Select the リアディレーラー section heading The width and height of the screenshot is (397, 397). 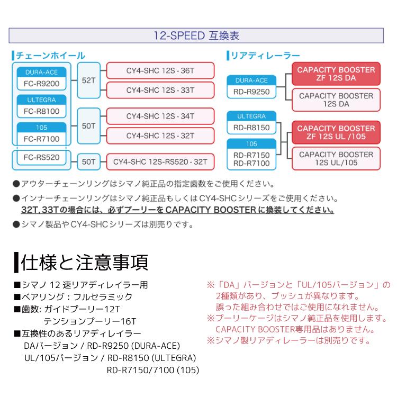pyautogui.click(x=263, y=56)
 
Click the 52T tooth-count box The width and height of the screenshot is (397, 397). pyautogui.click(x=89, y=81)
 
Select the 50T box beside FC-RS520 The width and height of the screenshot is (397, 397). pyautogui.click(x=89, y=160)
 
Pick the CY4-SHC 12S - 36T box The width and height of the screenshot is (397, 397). pyautogui.click(x=160, y=70)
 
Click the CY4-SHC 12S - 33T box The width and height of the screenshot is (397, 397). pyautogui.click(x=160, y=91)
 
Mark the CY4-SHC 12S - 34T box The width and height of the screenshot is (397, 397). pyautogui.click(x=160, y=115)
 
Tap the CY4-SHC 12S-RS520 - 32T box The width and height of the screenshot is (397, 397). pyautogui.click(x=160, y=160)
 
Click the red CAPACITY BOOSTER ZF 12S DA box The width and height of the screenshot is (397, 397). pyautogui.click(x=336, y=75)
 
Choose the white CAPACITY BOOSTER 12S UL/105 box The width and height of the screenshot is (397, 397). pyautogui.click(x=336, y=158)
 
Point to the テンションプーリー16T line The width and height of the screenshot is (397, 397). pyautogui.click(x=90, y=321)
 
